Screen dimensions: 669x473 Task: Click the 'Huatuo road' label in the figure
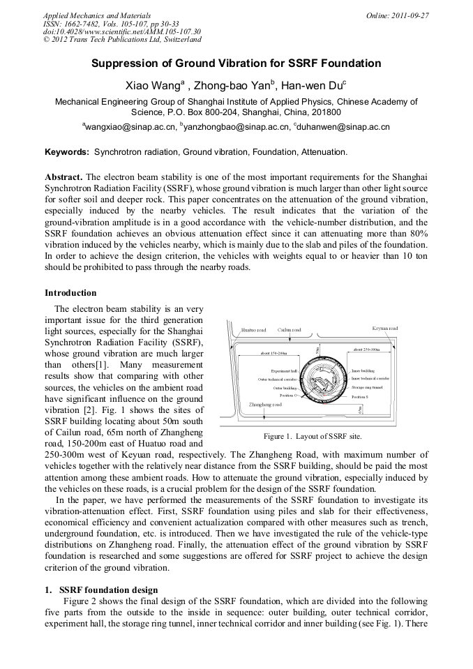[253, 330]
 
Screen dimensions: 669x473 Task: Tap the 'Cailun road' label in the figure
[290, 330]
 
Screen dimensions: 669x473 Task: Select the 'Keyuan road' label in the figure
[384, 328]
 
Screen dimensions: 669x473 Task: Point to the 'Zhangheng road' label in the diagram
[265, 404]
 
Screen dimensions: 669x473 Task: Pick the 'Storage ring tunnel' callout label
[367, 386]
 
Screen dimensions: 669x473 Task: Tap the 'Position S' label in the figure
[361, 396]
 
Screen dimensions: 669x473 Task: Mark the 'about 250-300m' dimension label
[366, 349]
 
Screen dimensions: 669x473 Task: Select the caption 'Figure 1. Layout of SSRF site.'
[313, 436]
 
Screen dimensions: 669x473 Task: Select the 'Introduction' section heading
[70, 292]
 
